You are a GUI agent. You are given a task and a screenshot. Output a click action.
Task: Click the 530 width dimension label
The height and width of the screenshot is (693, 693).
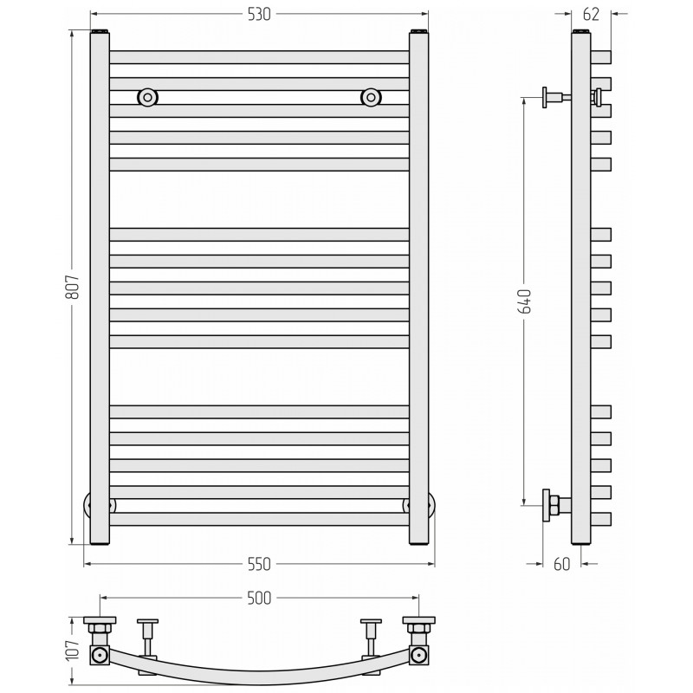[x=259, y=15]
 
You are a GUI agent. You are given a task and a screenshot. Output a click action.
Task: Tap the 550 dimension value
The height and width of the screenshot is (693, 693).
[x=259, y=565]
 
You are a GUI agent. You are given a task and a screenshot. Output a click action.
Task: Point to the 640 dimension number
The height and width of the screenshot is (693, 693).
[x=525, y=301]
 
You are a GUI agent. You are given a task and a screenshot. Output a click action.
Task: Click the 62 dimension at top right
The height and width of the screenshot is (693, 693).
[x=592, y=15]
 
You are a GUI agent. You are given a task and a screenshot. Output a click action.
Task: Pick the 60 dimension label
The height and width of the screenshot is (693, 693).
[x=561, y=565]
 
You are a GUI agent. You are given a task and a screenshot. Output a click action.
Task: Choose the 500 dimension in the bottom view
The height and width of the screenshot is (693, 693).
[x=259, y=598]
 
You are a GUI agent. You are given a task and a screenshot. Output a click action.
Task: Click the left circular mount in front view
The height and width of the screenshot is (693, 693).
[x=147, y=97]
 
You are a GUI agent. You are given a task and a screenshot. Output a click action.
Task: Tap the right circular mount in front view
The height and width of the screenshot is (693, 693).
[x=371, y=97]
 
